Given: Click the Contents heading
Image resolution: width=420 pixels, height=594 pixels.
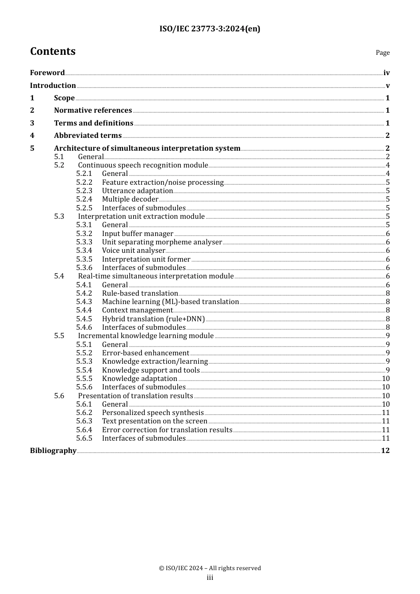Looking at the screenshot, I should pyautogui.click(x=53, y=51).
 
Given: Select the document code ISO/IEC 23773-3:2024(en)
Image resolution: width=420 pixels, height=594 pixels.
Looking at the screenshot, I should pyautogui.click(x=210, y=29).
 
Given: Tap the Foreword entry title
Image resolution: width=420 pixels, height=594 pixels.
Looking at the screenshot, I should pyautogui.click(x=47, y=73).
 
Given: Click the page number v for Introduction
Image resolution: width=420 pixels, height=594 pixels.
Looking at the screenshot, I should pyautogui.click(x=387, y=86).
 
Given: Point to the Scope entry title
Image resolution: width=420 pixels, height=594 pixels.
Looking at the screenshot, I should pyautogui.click(x=64, y=98).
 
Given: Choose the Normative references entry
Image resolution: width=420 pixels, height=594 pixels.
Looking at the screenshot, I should pyautogui.click(x=93, y=110).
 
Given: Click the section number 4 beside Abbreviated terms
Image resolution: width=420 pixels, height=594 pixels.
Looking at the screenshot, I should pyautogui.click(x=32, y=136).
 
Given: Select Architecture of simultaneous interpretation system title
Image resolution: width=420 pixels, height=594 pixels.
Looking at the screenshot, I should pyautogui.click(x=147, y=148).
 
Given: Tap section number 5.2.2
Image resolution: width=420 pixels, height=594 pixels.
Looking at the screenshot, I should pyautogui.click(x=84, y=183).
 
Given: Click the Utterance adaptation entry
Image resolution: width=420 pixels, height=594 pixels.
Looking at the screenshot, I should pyautogui.click(x=137, y=191).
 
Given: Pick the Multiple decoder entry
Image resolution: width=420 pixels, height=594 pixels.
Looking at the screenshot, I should pyautogui.click(x=130, y=199).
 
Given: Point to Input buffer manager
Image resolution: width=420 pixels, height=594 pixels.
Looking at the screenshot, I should pyautogui.click(x=137, y=234).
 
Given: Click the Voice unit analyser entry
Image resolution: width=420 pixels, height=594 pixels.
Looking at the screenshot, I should pyautogui.click(x=134, y=251).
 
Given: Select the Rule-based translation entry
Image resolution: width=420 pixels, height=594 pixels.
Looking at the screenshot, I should pyautogui.click(x=140, y=293).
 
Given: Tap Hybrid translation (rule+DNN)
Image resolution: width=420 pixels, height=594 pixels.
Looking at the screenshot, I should pyautogui.click(x=153, y=319).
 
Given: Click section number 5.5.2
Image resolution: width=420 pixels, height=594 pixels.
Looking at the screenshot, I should pyautogui.click(x=84, y=353).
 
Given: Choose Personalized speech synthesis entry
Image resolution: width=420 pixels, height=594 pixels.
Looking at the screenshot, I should pyautogui.click(x=153, y=413).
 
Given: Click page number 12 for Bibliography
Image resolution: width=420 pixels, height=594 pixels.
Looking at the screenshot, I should pyautogui.click(x=385, y=451).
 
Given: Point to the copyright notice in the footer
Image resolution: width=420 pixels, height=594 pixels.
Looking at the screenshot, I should pyautogui.click(x=210, y=568).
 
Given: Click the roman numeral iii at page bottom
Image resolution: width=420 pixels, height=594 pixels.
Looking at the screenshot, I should pyautogui.click(x=210, y=578).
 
